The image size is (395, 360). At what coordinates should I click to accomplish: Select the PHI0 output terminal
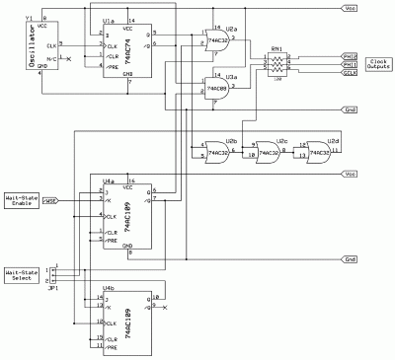pos(349,56)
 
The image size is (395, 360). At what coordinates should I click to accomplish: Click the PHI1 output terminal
pos(349,64)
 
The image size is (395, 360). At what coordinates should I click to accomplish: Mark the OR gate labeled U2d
pos(317,150)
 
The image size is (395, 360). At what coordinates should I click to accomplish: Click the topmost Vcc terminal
pos(351,8)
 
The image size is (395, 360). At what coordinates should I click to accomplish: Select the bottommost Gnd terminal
pos(351,259)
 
